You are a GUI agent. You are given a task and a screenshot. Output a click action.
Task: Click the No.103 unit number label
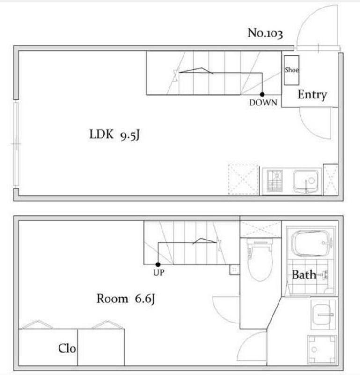coord(265,33)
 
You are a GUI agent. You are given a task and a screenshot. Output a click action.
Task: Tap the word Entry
coord(312,95)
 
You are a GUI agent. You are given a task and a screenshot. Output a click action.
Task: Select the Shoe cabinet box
coord(291,70)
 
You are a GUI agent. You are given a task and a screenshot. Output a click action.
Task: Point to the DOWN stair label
coord(263,103)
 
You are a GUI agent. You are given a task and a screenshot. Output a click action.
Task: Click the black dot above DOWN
coord(262,95)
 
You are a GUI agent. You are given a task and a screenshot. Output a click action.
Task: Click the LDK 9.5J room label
coord(114,135)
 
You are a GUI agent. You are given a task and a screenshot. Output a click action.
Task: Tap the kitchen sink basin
coord(306,181)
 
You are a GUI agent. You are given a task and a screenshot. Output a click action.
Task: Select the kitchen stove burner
coord(275,180)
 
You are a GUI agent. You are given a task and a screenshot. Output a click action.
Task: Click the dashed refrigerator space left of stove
coord(243,180)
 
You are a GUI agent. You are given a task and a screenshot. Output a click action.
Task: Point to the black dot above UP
coord(158,264)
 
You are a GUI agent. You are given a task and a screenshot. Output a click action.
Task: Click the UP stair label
coord(159,272)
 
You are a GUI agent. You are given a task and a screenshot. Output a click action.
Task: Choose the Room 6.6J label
coord(126,299)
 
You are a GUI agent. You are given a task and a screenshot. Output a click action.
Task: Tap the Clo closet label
coord(67,348)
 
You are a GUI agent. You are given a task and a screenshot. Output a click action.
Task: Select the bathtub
coord(311,243)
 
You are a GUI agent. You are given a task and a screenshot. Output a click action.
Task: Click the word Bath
coord(304,275)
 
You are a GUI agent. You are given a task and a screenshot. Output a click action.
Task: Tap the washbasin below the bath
coord(323,314)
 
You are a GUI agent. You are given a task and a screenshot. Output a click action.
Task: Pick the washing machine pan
coord(322,349)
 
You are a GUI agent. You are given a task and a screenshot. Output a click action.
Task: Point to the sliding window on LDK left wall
coord(16,144)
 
